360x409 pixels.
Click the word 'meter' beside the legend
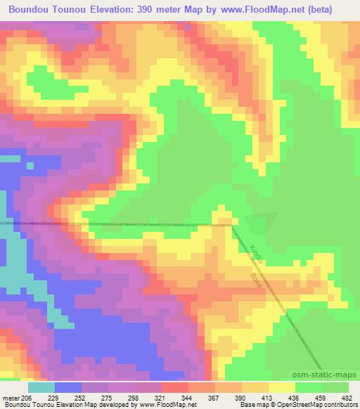pyautogui.click(x=11, y=398)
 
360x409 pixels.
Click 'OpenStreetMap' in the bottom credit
pyautogui.click(x=303, y=405)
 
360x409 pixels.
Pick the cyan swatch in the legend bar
pyautogui.click(x=41, y=387)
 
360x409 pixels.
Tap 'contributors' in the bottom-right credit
pyautogui.click(x=342, y=405)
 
